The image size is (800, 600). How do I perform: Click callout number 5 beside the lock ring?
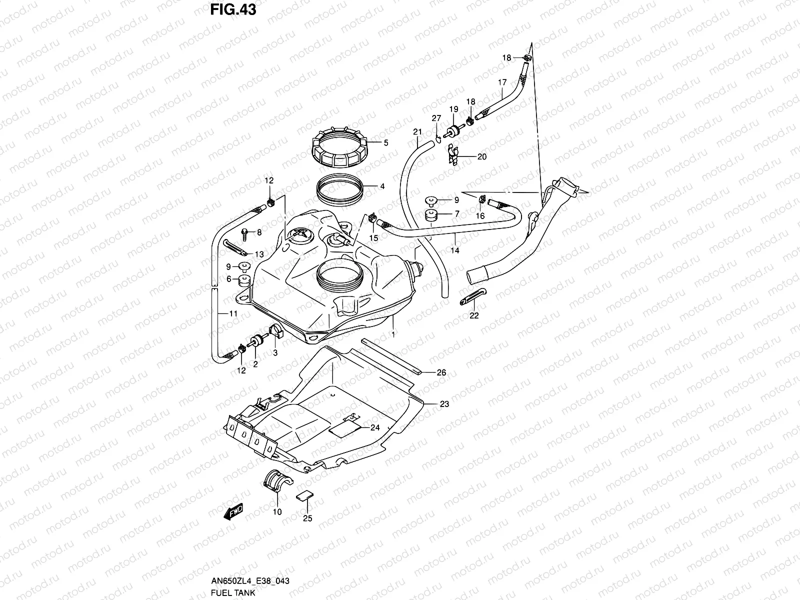coord(385,143)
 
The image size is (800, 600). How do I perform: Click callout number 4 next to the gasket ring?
coord(382,186)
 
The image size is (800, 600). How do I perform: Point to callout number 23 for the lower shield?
coord(444,404)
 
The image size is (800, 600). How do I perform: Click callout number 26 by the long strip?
coord(441,372)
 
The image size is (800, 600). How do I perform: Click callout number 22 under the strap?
coord(473,315)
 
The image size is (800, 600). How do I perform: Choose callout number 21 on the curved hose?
coord(417,132)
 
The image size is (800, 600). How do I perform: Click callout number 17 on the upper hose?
coord(502,82)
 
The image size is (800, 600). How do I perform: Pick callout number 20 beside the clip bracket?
coord(481,156)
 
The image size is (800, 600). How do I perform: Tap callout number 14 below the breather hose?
coord(454,251)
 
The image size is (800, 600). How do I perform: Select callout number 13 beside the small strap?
coord(258,254)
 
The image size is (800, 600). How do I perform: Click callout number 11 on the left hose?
coord(233,313)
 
